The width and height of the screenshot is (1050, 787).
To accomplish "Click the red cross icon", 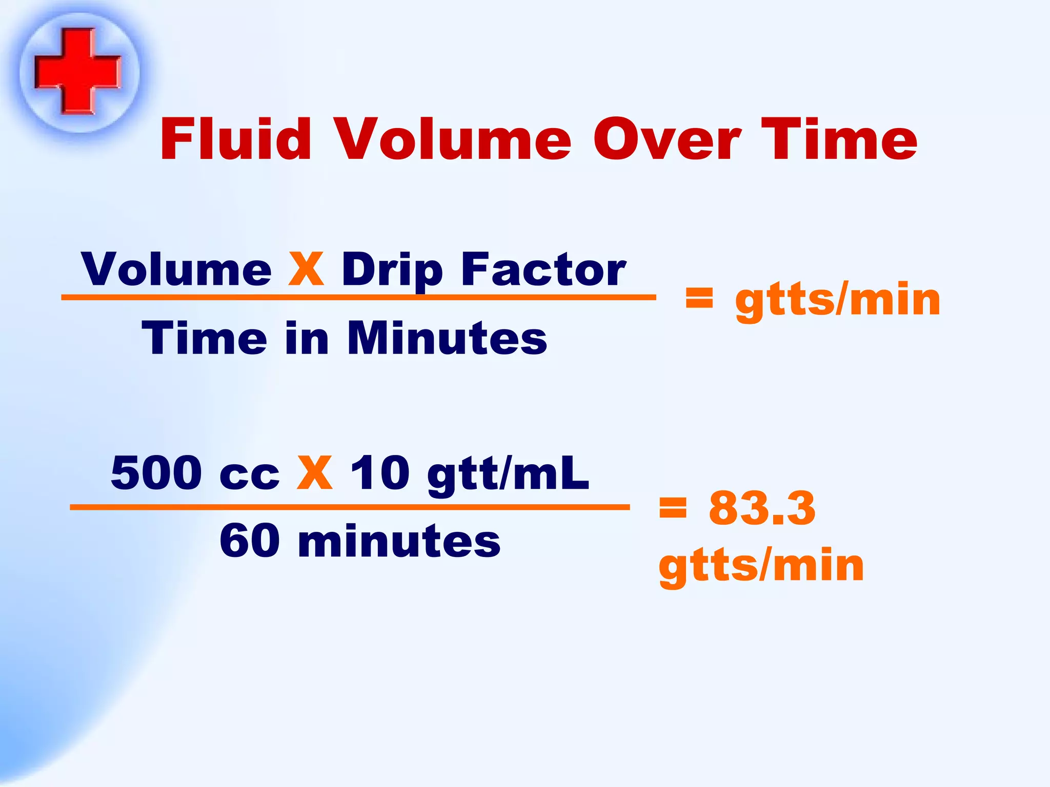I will coord(78,71).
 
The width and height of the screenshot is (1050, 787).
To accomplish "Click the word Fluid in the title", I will coord(235,139).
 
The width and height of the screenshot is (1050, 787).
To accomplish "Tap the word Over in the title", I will coord(667,139).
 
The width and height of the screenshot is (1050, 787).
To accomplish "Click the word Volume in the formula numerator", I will coord(176,270).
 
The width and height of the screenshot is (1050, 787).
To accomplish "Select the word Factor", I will coord(543,270).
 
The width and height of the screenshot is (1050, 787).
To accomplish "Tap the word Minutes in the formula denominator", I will coord(447,338).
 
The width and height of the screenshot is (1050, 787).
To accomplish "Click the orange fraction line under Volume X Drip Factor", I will coord(358,297).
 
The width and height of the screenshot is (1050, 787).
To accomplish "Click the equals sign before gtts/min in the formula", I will coord(699,298).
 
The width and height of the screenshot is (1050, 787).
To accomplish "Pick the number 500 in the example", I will coord(156,472).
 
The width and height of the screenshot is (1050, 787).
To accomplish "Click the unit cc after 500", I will coord(249,477).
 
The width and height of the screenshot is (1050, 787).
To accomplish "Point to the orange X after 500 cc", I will coord(315,472).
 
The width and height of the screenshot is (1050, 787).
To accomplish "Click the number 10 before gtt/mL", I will coord(380,472).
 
